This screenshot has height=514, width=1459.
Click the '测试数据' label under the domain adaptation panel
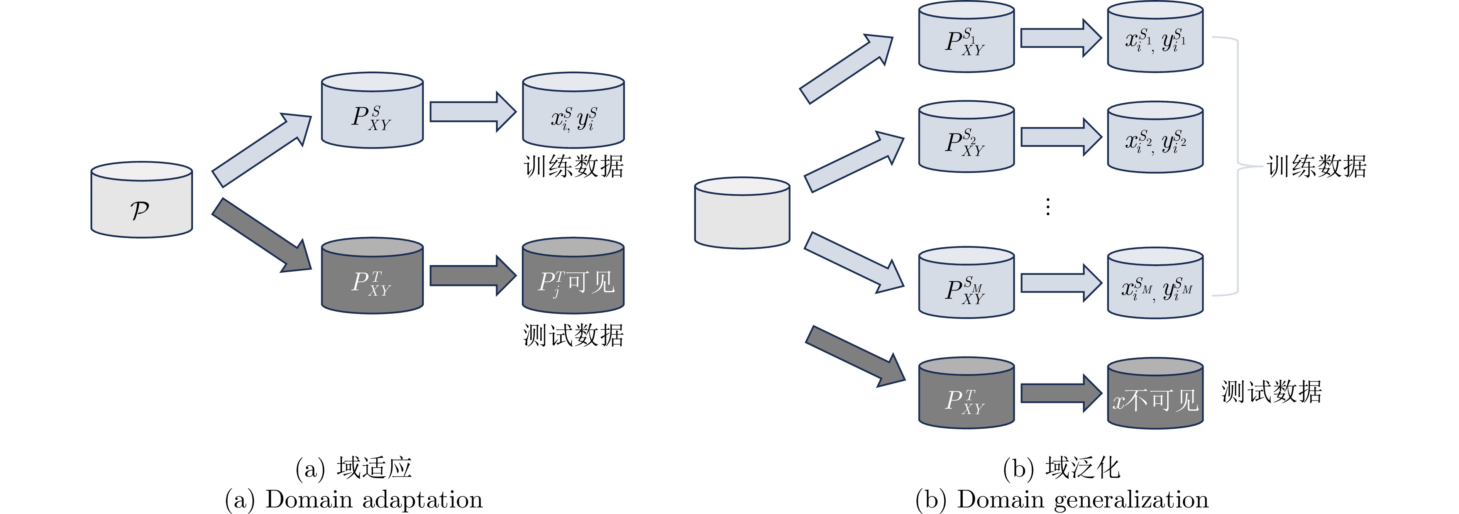tap(573, 335)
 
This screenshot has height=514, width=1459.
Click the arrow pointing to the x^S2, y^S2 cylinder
tap(1061, 137)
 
